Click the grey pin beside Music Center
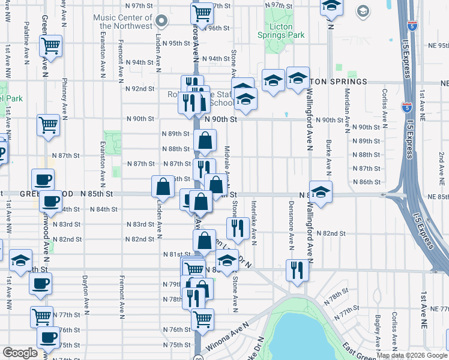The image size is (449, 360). [x=161, y=22]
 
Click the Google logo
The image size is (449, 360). [x=20, y=353]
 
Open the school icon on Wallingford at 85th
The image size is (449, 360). [x=321, y=192]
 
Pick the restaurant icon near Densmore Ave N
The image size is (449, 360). [x=296, y=270]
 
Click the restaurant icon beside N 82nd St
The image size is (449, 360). [x=237, y=227]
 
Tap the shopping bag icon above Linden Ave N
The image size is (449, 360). [x=163, y=187]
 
